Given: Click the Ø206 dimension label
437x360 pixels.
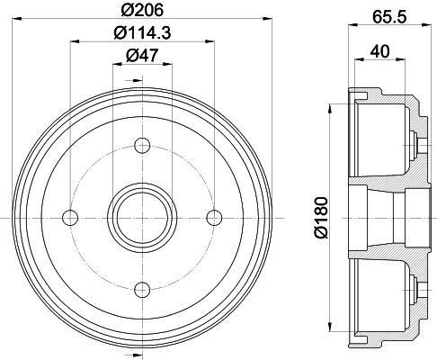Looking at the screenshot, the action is (142, 10).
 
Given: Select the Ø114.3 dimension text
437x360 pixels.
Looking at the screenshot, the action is (142, 32).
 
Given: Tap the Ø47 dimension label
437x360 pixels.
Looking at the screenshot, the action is (142, 56).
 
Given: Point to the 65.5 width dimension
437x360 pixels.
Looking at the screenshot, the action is (389, 17).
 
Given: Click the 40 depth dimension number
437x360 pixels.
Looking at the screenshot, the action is (379, 51).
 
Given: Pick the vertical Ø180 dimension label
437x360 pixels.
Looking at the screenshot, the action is (321, 217).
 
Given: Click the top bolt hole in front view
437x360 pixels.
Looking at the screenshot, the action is (142, 146).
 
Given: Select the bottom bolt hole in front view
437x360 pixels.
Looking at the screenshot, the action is (142, 289).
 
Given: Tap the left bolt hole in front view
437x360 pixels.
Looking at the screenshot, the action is (70, 218).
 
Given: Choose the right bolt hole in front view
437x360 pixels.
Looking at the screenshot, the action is (214, 218).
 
